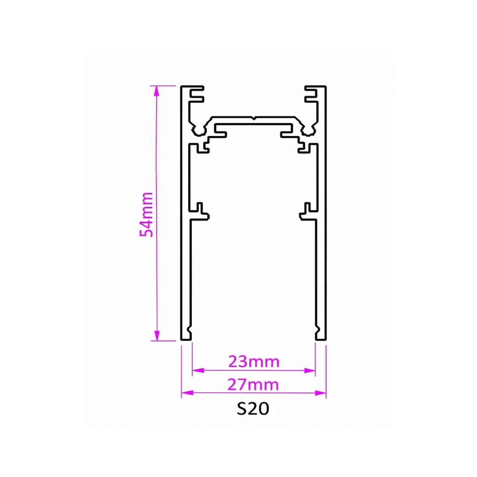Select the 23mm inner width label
coord(253,361)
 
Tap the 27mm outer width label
coord(253,384)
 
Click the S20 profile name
coord(253,409)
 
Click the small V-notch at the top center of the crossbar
coord(253,118)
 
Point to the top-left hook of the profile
coord(196,93)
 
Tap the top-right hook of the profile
coord(311,93)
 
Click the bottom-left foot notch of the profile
coord(189,334)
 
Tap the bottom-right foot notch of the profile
coord(318,334)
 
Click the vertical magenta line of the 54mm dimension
coord(157,261)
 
